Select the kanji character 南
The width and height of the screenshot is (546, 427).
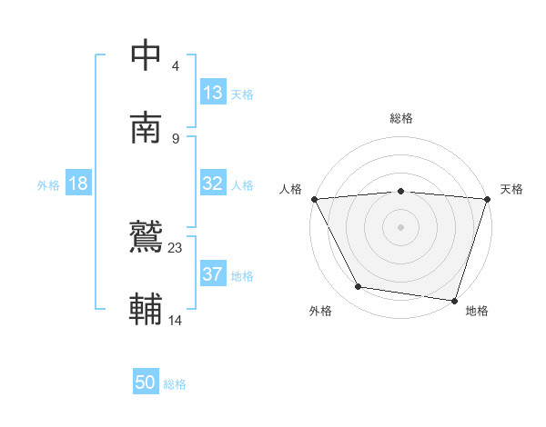(147, 127)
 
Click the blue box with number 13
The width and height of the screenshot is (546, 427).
(212, 93)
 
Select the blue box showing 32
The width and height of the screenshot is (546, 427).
(212, 184)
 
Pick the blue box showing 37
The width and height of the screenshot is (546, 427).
(212, 274)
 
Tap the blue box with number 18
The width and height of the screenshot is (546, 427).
(78, 184)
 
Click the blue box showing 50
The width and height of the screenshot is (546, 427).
(146, 382)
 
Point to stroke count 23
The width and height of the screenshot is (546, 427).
(176, 247)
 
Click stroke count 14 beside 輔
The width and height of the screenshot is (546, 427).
(176, 320)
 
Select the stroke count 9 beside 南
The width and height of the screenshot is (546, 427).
(175, 138)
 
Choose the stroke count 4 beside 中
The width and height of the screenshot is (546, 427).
(175, 65)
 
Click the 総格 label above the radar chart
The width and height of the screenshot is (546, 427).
(401, 118)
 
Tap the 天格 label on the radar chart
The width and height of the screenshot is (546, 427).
(512, 189)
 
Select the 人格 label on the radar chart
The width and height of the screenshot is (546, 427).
(290, 189)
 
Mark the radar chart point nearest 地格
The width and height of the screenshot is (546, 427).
(454, 300)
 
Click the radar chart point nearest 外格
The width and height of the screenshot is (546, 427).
(359, 287)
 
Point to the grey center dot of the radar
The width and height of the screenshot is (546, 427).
(401, 226)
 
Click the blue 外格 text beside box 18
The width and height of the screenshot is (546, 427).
(48, 184)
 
